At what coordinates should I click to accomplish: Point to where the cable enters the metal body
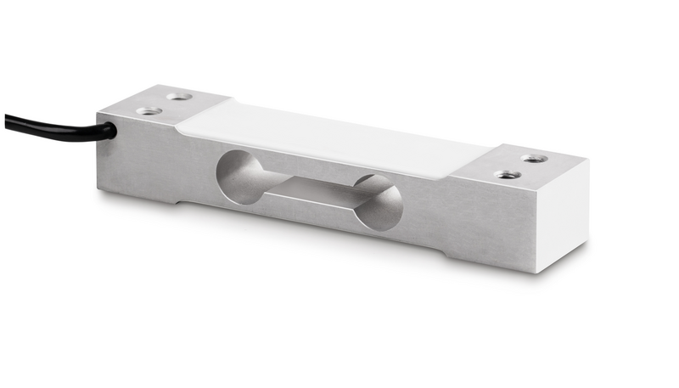111,132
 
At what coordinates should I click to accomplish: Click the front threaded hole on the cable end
149,110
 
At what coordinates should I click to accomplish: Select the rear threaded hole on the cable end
178,97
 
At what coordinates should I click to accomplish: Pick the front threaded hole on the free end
508,175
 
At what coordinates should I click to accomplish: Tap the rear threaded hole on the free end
533,159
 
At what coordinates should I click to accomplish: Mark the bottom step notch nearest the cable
178,202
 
